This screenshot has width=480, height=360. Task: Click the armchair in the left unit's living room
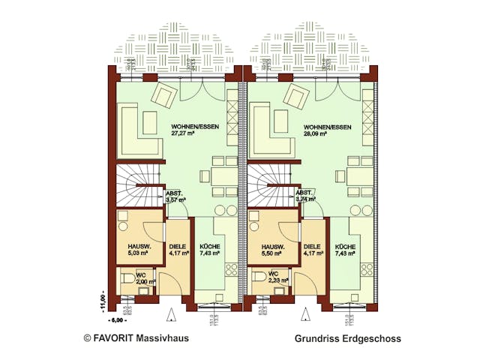[x=165, y=95]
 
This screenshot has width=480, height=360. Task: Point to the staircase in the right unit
[x=269, y=187]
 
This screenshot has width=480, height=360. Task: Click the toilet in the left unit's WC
[x=127, y=283]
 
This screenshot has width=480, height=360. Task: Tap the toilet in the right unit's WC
[x=260, y=283]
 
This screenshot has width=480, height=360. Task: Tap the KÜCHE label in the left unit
[x=210, y=250]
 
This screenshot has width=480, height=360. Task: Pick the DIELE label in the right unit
[x=311, y=250]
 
